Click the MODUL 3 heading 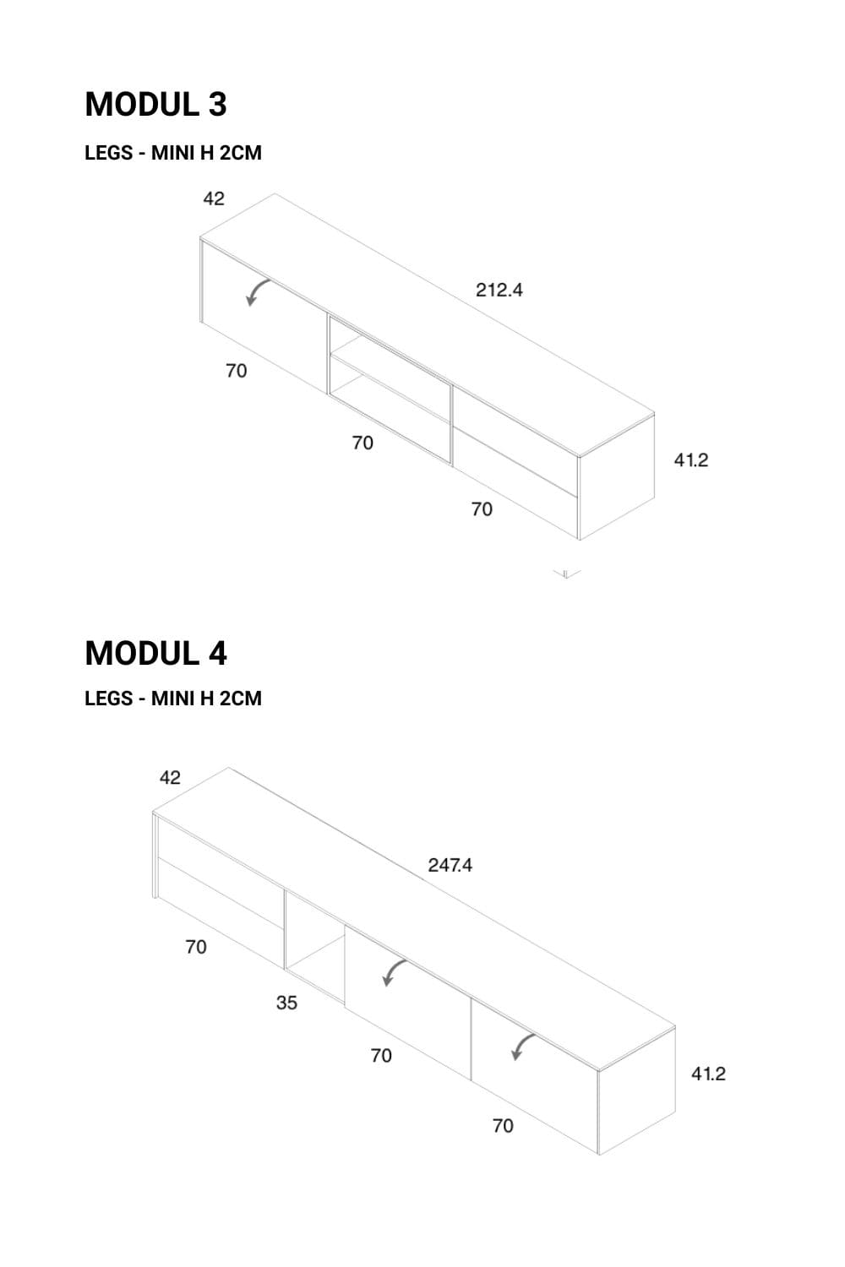pos(155,105)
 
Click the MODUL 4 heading pos(155,653)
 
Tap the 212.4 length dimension pos(499,291)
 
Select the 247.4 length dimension pos(450,865)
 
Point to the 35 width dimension pos(286,1003)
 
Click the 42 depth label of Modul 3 pos(214,198)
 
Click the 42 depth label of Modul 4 pos(170,778)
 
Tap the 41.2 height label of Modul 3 pos(691,460)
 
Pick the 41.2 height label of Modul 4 pos(708,1074)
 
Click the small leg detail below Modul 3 pos(566,574)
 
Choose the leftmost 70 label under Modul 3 pos(236,371)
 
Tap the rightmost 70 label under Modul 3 pos(482,509)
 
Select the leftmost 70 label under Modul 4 pos(196,947)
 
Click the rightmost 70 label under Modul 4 pos(503,1126)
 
